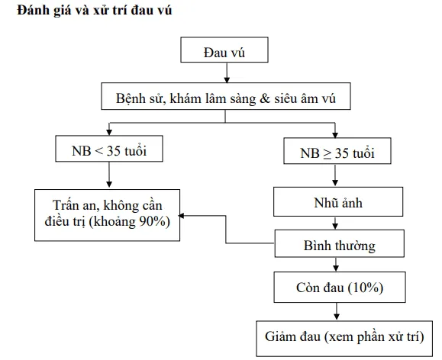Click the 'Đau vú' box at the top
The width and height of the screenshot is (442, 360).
[224, 52]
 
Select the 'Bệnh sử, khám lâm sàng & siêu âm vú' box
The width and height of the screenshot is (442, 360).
[223, 98]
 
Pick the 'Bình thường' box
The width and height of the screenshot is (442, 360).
[337, 246]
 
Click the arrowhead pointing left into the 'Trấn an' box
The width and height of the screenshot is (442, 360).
[184, 215]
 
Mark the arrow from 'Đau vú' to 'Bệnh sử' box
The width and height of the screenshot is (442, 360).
[224, 74]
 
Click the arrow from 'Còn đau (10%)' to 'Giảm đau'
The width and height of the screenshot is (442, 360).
[336, 311]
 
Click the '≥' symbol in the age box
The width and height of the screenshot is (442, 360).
[322, 152]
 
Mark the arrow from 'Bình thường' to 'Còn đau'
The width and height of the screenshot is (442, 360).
[336, 265]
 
